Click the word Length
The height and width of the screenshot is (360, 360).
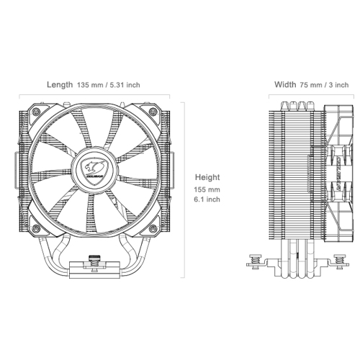[60, 84]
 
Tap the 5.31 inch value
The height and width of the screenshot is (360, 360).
[125, 84]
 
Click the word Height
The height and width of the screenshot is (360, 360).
[208, 176]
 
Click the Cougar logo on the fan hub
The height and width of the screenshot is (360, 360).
[95, 171]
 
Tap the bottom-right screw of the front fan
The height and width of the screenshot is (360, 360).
[153, 228]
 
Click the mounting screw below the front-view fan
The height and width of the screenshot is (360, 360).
[95, 260]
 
